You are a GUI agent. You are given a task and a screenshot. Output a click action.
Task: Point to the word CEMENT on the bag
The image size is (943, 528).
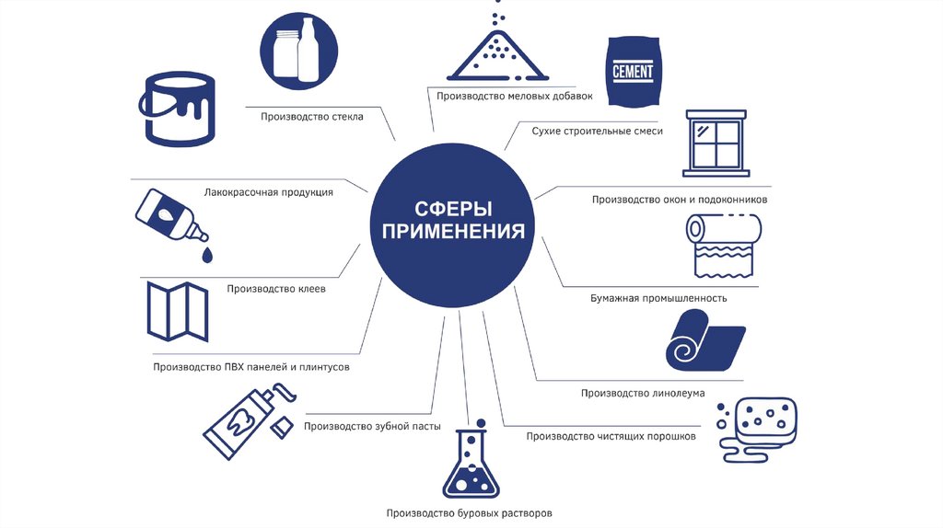pyautogui.click(x=634, y=71)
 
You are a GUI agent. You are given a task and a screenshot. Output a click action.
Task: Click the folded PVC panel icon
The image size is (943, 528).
pyautogui.click(x=178, y=311)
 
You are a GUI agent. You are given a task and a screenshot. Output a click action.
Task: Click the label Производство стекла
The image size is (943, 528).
pyautogui.click(x=311, y=117)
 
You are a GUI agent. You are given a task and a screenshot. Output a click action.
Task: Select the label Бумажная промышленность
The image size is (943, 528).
pyautogui.click(x=658, y=298)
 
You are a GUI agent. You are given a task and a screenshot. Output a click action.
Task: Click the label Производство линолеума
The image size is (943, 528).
pyautogui.click(x=643, y=393)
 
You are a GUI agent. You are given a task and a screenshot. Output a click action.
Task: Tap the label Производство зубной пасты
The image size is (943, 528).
pyautogui.click(x=372, y=426)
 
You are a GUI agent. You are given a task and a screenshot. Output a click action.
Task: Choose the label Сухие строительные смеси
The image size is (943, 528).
pyautogui.click(x=597, y=131)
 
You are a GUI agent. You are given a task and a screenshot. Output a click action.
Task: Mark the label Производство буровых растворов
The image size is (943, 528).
pyautogui.click(x=470, y=512)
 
